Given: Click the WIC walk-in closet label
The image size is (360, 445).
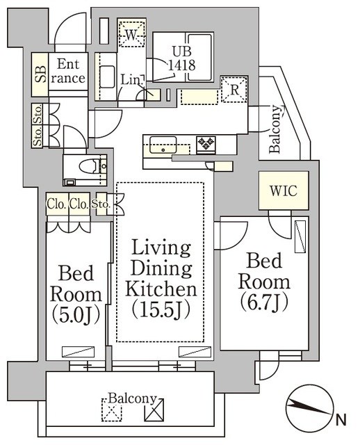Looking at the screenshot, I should click(283, 191).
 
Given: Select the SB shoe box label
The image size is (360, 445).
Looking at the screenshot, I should click(40, 73).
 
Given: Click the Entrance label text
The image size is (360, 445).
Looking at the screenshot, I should click(69, 70).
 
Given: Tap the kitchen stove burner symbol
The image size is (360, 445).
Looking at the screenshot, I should click(206, 144).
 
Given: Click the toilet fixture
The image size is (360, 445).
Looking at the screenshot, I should click(87, 167).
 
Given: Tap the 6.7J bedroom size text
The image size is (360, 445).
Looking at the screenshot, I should click(264, 302).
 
